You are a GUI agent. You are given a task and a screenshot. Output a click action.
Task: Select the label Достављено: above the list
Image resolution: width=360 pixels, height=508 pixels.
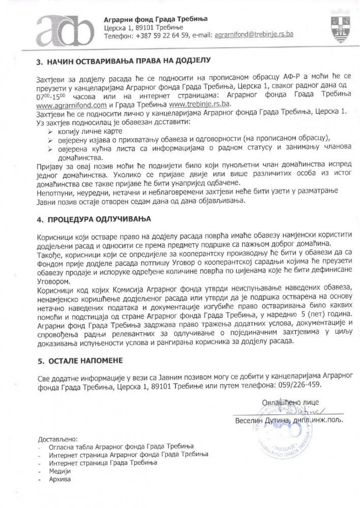[57, 438]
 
